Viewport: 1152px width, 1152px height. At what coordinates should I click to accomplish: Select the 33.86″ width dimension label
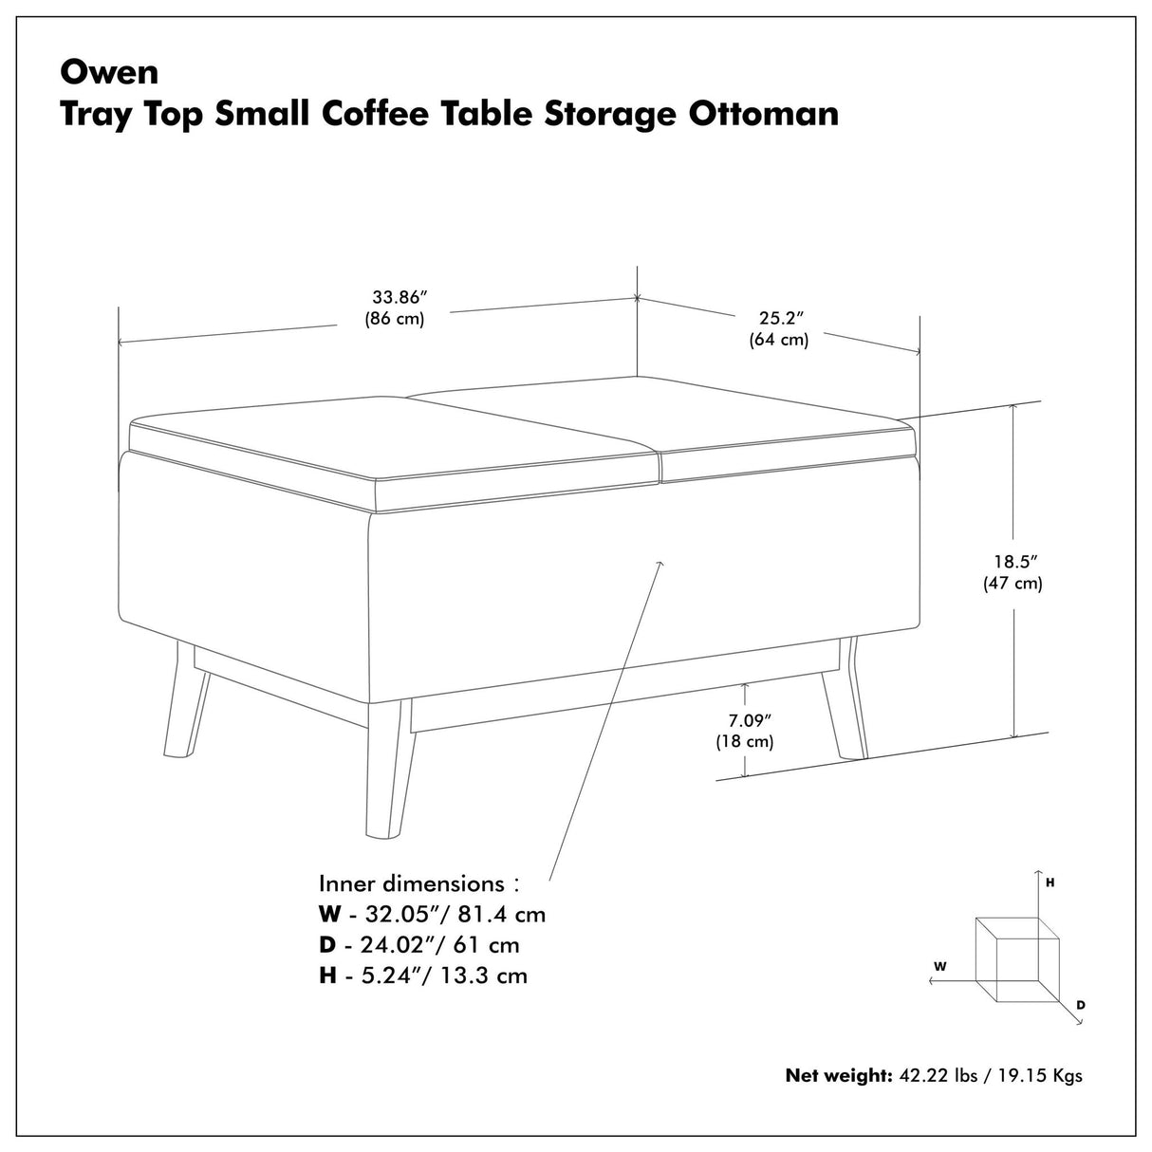point(395,295)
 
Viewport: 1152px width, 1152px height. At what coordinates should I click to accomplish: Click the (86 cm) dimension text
point(395,319)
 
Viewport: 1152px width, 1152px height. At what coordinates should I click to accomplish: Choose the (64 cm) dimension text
point(779,339)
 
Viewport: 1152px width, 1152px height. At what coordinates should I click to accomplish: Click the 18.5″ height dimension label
point(1013,561)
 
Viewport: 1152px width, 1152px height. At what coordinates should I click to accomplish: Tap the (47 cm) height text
point(1013,584)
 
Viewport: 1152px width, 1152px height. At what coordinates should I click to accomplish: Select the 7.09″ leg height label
point(745,718)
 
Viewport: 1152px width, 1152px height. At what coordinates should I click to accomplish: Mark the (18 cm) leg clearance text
point(745,741)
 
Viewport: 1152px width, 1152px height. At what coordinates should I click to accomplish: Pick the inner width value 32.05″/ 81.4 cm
point(452,915)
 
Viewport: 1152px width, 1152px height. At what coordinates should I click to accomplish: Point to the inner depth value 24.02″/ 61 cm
point(438,945)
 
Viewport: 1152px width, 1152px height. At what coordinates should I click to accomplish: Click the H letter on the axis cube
point(1050,883)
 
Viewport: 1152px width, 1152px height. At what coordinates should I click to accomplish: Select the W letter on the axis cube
point(939,966)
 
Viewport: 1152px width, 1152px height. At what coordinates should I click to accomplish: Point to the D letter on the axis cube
point(1080,1004)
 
